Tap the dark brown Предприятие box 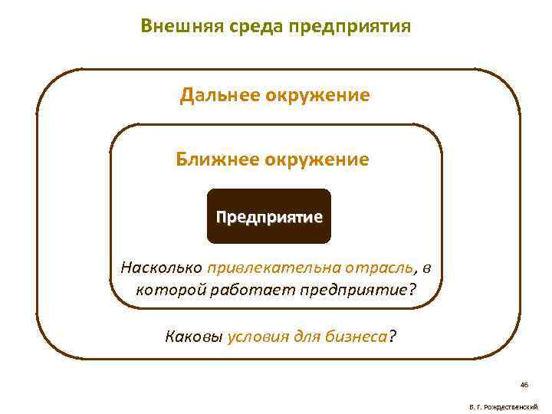point(269,216)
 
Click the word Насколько point(162,268)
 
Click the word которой point(164,291)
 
